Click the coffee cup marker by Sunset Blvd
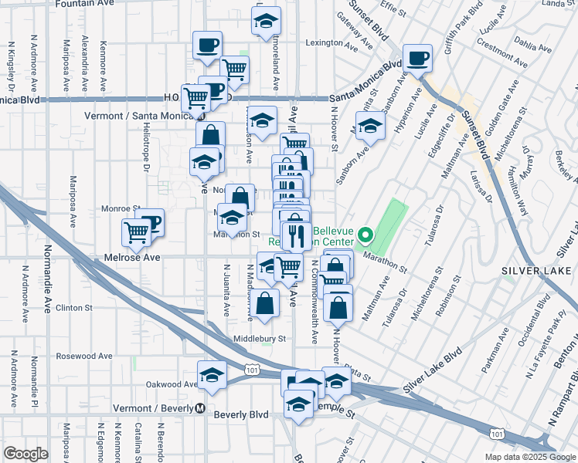coord(417,58)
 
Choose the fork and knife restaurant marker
coord(296,235)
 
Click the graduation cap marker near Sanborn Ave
coord(370,127)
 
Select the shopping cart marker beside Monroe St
coord(136,231)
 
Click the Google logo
coord(25,454)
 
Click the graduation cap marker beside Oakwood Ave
coord(212,375)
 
